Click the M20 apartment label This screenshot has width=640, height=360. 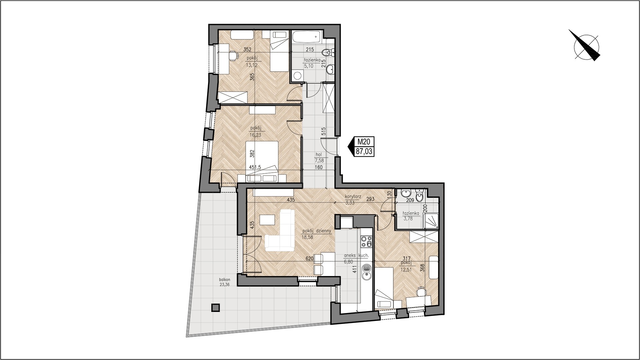coord(364,142)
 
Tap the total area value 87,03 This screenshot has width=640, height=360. coord(364,152)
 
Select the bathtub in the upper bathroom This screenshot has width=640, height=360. coord(306,37)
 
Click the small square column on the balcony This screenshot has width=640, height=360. coord(216,307)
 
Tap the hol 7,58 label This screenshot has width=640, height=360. coord(319,158)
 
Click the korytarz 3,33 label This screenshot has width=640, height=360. coord(353,199)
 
